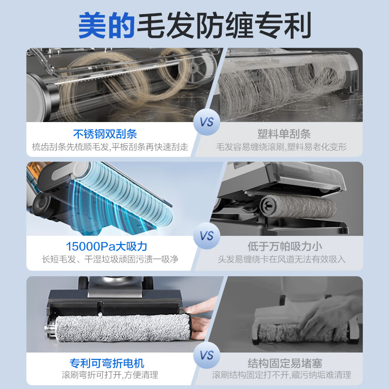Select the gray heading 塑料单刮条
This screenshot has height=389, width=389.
[284, 134]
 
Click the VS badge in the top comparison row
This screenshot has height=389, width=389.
[207, 122]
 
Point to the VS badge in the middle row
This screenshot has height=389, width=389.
[207, 236]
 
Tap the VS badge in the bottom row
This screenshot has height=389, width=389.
[207, 355]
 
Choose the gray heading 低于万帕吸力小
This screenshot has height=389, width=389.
[284, 247]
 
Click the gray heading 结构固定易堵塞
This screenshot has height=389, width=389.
[284, 363]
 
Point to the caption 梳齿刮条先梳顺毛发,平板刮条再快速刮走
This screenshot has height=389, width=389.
[110, 147]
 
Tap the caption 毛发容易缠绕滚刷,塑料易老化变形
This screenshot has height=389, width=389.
[282, 147]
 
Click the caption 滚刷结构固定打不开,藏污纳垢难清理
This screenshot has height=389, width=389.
[282, 375]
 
